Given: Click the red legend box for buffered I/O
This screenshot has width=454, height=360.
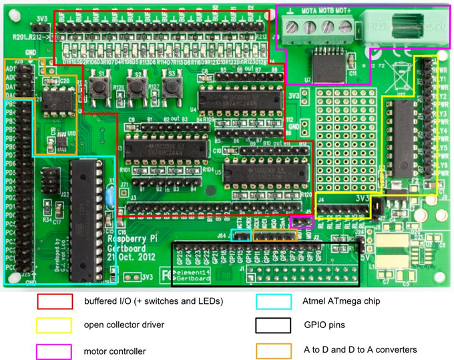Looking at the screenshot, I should pyautogui.click(x=55, y=301).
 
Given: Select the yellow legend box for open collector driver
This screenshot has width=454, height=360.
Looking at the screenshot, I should pyautogui.click(x=55, y=325).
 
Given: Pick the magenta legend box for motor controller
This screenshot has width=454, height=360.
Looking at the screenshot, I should pyautogui.click(x=55, y=350).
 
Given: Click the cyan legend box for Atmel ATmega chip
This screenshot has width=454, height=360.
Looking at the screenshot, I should pyautogui.click(x=274, y=301).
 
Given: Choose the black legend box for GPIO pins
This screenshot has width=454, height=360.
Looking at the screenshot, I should pyautogui.click(x=274, y=325).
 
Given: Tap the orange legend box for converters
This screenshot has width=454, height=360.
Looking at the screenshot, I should pyautogui.click(x=274, y=350).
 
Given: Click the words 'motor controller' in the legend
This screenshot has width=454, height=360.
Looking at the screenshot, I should pyautogui.click(x=114, y=351).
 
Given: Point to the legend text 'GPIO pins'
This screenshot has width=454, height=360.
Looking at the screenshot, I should pyautogui.click(x=324, y=326).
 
